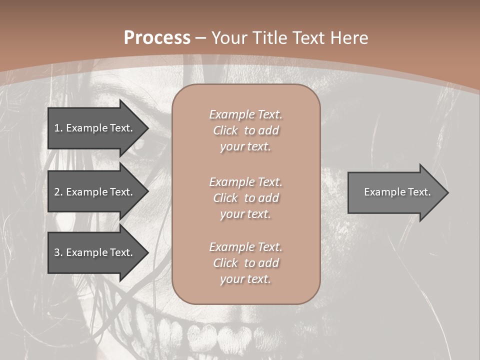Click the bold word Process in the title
coord(157,38)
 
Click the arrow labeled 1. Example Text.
coord(93,128)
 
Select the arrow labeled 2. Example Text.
coord(93,192)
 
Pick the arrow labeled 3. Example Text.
coord(93,252)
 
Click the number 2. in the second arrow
coord(58,192)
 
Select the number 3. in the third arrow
coord(58,252)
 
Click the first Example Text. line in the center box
coord(245,114)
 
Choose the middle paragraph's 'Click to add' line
coord(245,198)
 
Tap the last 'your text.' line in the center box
coord(245,279)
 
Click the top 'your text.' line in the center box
coord(245,146)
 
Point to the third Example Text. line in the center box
coord(245,247)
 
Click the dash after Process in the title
coord(200,38)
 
